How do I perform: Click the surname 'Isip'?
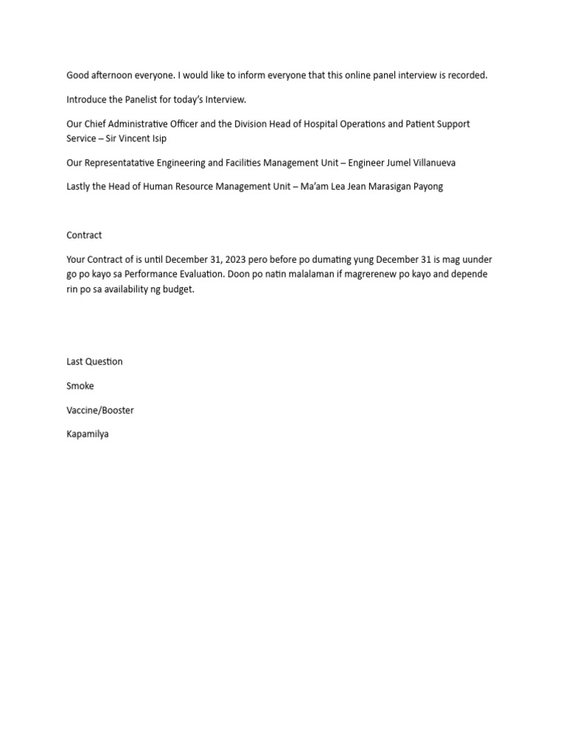[158, 138]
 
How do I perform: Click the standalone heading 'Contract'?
[84, 236]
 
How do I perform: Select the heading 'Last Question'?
[94, 362]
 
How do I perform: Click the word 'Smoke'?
[80, 386]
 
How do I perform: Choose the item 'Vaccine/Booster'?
[100, 410]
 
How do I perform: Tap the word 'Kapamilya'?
[88, 434]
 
